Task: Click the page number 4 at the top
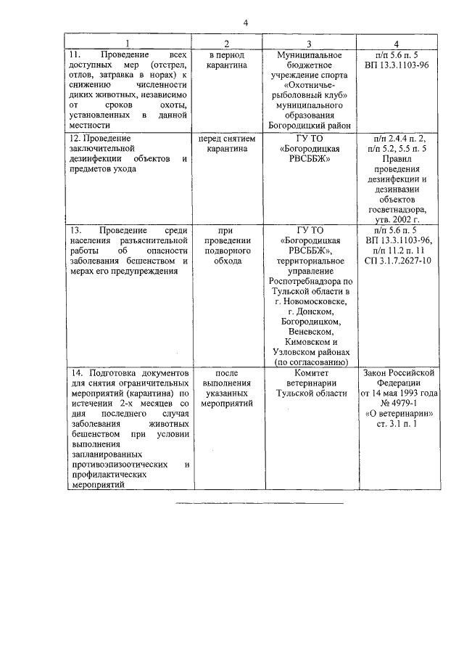click(246, 23)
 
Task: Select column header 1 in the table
click(127, 44)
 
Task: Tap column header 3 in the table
click(309, 44)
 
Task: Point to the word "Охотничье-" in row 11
click(310, 86)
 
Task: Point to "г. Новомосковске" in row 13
click(310, 301)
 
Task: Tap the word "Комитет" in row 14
click(310, 372)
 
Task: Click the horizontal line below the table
click(259, 502)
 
